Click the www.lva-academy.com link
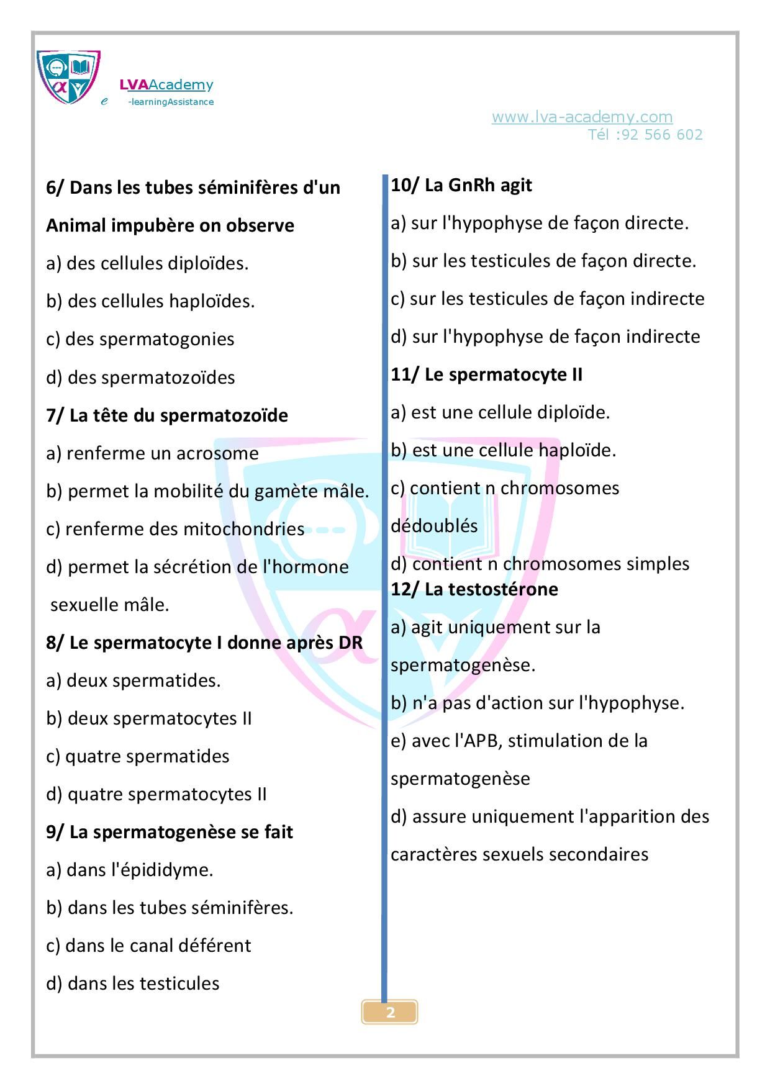click(582, 117)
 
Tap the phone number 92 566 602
click(661, 135)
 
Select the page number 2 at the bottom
click(390, 1013)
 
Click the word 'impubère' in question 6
click(153, 225)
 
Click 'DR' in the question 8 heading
click(350, 643)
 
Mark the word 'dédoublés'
click(434, 526)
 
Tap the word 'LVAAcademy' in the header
click(166, 85)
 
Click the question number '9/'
click(55, 832)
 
